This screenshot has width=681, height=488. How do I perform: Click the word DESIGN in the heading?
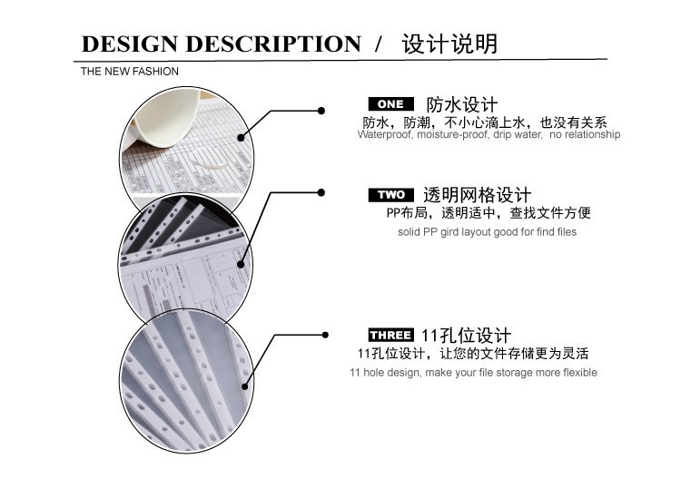[x=130, y=44]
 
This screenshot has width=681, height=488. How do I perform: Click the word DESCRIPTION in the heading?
[x=272, y=44]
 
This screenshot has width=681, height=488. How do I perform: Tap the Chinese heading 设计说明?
[x=450, y=43]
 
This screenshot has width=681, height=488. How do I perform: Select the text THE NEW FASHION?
[x=130, y=72]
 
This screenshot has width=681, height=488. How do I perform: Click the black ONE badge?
[x=390, y=104]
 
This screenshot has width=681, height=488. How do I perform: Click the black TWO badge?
[x=390, y=195]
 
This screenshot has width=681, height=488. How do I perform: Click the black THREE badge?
[x=390, y=336]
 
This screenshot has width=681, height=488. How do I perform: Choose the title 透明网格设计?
[x=477, y=195]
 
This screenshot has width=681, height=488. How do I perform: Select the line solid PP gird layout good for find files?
[x=487, y=232]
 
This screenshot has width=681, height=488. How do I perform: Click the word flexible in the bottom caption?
[x=574, y=373]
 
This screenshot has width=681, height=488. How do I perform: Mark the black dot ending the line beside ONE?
[x=321, y=111]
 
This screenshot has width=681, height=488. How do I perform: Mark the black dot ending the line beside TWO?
[x=321, y=191]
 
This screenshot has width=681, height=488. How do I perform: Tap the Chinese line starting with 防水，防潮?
[x=485, y=122]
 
